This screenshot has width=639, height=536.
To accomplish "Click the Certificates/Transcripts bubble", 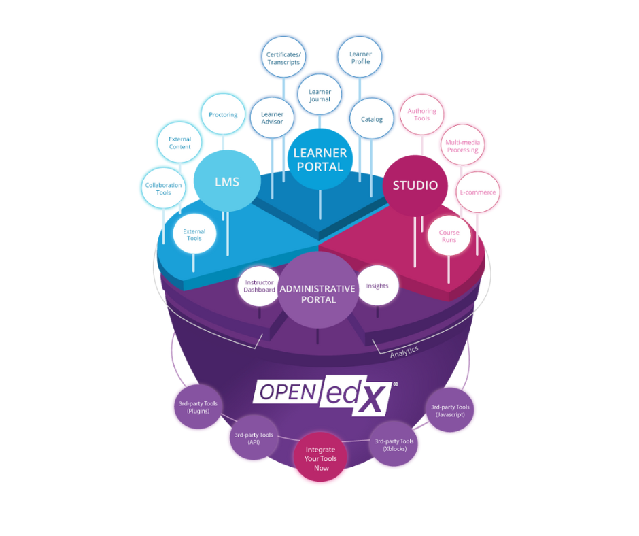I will click(x=283, y=58).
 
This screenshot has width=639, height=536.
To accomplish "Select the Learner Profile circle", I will click(x=360, y=58).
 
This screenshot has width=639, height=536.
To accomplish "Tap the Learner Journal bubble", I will click(x=319, y=95).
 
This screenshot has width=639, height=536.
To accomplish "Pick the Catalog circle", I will click(x=372, y=119).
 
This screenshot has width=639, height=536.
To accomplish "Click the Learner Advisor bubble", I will click(x=272, y=118).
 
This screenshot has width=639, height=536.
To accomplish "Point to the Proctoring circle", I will click(x=223, y=115).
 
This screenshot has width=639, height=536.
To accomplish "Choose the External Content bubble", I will click(x=179, y=143).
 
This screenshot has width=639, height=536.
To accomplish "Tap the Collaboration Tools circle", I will click(x=163, y=188).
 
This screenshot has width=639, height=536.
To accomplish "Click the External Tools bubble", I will click(x=194, y=235).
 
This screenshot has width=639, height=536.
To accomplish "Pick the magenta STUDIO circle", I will click(x=415, y=185).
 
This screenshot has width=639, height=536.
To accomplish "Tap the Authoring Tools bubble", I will click(x=421, y=114).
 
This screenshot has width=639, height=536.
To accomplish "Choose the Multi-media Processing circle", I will click(x=462, y=146).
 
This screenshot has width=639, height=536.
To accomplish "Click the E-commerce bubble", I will click(x=477, y=192).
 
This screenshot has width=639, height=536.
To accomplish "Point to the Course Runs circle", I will click(x=449, y=236).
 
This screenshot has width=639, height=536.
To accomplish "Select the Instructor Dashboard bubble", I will click(x=259, y=286).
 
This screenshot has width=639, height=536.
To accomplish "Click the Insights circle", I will click(x=377, y=286).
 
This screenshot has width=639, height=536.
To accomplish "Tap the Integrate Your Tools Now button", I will click(x=321, y=458).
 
